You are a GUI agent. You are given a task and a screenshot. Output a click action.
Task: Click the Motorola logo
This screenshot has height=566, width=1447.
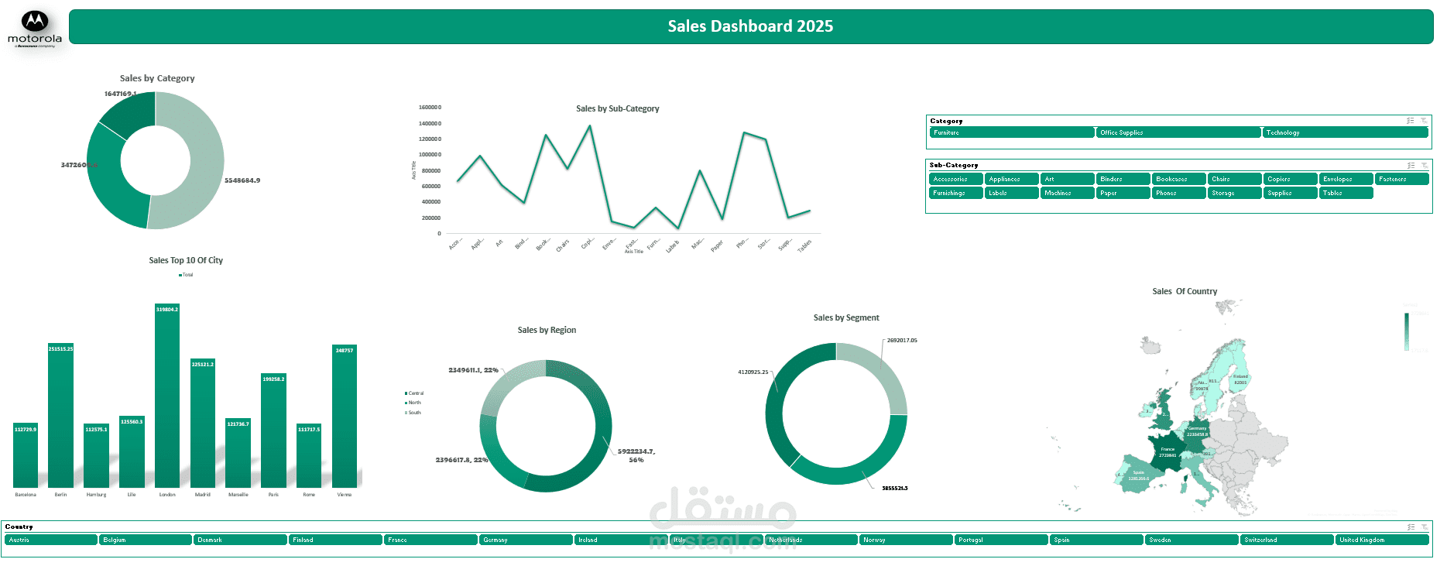35,29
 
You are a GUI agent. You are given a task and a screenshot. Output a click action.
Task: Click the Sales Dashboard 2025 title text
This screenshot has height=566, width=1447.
750,26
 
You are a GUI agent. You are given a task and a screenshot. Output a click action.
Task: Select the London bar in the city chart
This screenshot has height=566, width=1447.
167,395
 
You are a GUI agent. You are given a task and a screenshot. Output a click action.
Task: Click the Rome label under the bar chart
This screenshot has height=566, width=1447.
309,495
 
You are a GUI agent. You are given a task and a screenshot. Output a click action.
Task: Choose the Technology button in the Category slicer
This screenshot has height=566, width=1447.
1345,132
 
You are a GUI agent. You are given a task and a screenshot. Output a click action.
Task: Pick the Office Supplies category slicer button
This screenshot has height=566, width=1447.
1178,132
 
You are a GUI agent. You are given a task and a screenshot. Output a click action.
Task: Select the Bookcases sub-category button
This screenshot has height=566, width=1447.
1178,179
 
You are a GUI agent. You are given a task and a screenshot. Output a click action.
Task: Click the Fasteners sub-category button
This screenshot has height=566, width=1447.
1401,179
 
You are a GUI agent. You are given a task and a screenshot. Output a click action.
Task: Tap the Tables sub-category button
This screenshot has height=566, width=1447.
1346,193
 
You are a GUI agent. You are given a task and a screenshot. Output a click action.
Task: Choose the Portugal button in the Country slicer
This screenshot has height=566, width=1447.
1000,540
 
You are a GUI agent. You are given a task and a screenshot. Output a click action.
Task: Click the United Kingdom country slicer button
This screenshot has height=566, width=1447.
1381,540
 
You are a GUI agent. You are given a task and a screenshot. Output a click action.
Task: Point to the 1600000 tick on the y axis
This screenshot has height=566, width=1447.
430,108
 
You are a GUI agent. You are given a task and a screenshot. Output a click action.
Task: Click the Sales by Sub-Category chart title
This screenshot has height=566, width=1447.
617,109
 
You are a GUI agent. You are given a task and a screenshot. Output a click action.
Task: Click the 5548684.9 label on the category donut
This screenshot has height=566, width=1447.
242,180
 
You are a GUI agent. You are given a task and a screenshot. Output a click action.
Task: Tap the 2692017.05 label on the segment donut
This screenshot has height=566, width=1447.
902,341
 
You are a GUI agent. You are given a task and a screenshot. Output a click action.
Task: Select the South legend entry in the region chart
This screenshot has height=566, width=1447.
414,413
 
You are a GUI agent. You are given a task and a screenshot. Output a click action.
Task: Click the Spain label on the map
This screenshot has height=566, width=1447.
1138,472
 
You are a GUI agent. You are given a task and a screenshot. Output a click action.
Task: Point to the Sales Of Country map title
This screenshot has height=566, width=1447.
1184,292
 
